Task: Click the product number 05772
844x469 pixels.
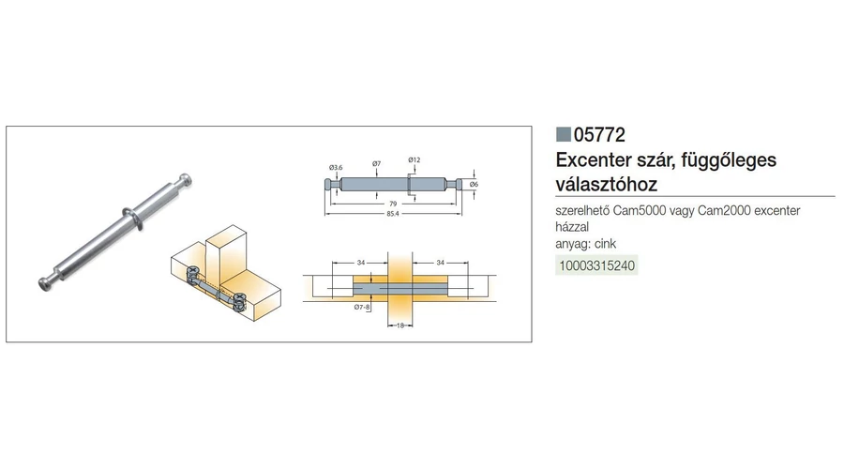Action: click(600, 134)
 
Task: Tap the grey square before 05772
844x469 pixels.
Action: click(564, 134)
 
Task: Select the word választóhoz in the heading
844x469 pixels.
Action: click(607, 184)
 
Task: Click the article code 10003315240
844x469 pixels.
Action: click(597, 265)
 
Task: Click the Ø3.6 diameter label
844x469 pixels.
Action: click(335, 167)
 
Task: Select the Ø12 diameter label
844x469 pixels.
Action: click(414, 159)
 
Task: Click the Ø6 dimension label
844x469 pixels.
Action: click(475, 184)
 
